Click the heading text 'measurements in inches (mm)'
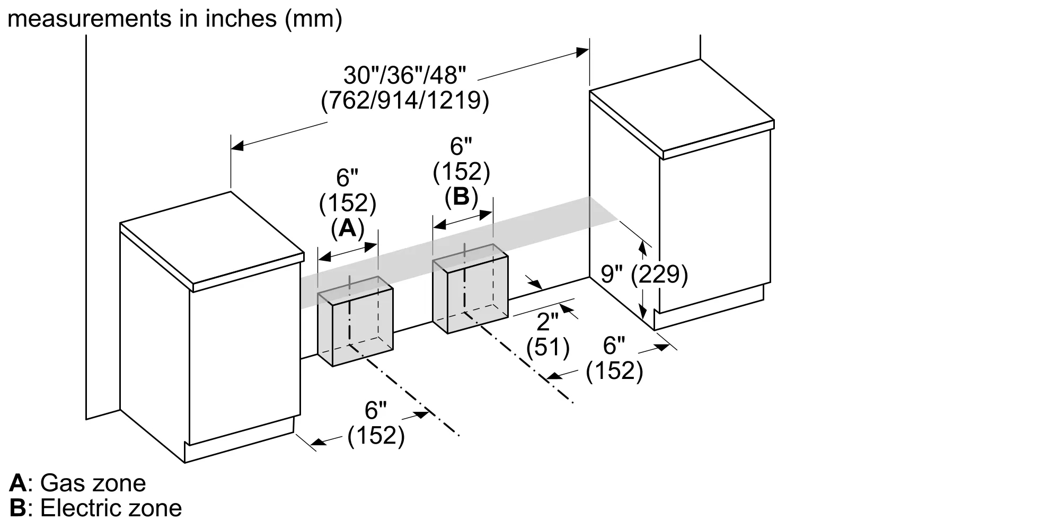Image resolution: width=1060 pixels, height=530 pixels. click(175, 19)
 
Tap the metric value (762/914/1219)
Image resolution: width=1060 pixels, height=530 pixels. click(405, 101)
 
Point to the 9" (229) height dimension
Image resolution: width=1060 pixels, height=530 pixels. click(644, 275)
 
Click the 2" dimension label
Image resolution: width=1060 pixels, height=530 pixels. click(548, 321)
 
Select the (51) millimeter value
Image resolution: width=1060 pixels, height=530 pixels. click(548, 347)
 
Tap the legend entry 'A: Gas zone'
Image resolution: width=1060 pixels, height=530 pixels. click(77, 483)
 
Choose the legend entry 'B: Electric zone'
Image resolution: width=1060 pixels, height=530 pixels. click(96, 508)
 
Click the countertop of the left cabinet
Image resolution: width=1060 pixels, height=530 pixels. click(212, 243)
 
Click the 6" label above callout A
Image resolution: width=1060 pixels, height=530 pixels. click(348, 178)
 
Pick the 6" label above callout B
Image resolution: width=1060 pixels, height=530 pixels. click(461, 146)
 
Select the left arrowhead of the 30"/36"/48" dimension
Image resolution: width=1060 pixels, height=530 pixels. click(237, 146)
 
